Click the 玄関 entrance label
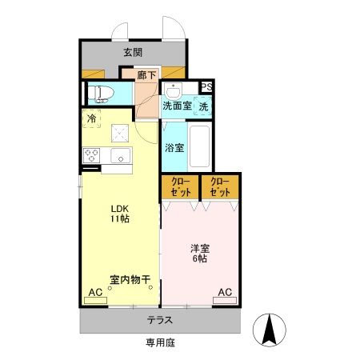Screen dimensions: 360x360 click(x=133, y=53)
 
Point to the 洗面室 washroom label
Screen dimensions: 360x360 click(x=176, y=105)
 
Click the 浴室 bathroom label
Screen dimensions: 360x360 click(x=175, y=148)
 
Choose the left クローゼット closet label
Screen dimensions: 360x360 click(x=180, y=188)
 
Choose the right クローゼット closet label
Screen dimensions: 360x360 click(x=220, y=188)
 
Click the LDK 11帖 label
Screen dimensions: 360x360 click(x=120, y=214)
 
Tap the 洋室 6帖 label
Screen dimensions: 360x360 click(x=200, y=254)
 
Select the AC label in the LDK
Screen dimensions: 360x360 click(x=95, y=293)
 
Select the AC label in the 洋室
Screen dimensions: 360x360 click(x=225, y=293)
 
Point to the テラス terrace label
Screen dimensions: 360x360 click(x=159, y=321)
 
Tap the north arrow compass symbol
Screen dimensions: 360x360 click(x=270, y=329)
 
